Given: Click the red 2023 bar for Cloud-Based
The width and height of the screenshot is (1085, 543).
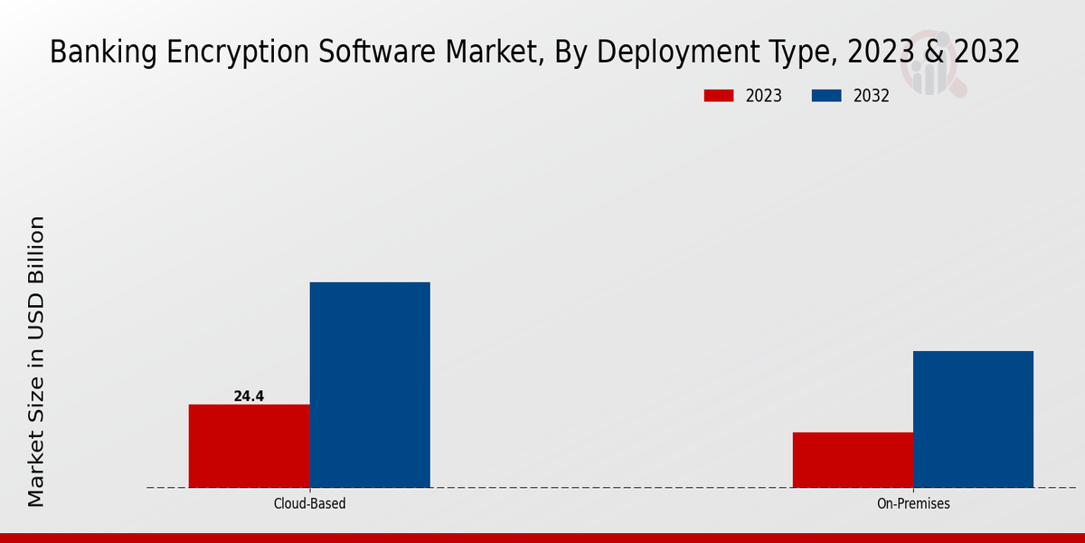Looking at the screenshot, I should [x=249, y=445].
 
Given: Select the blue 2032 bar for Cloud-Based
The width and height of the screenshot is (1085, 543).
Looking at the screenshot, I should [x=370, y=385].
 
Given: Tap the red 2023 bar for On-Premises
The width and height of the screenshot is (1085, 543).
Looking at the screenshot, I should [x=853, y=460].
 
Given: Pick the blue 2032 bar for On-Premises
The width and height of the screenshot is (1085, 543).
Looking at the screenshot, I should [x=973, y=419].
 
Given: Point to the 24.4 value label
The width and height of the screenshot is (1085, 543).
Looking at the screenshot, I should [x=249, y=396].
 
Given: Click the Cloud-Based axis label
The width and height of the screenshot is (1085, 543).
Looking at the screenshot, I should [x=309, y=504].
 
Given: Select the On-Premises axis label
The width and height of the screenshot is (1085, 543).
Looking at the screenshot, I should [x=913, y=504].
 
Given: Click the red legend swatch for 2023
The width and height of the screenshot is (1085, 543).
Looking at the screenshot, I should [x=719, y=96].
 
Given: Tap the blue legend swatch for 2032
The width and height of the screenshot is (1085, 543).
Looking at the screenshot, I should [x=826, y=96].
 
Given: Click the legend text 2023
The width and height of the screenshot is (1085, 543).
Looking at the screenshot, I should [x=764, y=96].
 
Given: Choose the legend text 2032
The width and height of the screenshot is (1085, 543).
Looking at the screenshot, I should [x=872, y=96].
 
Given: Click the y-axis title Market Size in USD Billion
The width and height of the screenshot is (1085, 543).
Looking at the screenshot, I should [x=36, y=361].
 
